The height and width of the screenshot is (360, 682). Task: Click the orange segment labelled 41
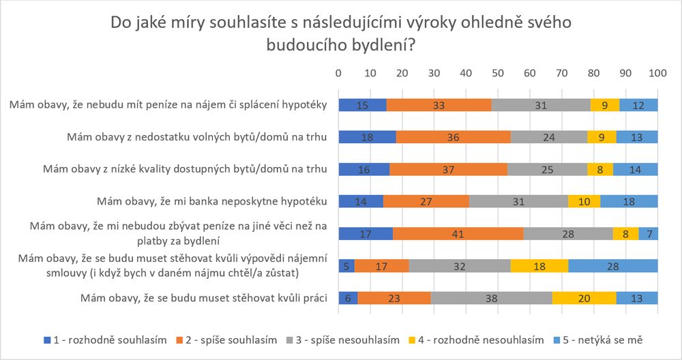(x=458, y=233)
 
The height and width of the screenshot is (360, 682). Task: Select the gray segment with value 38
(x=491, y=298)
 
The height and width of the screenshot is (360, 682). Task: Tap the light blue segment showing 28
(x=612, y=265)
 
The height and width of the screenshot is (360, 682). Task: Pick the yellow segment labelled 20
(x=585, y=298)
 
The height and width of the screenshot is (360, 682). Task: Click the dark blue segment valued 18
(x=367, y=137)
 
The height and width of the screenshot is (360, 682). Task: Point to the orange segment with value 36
(x=453, y=137)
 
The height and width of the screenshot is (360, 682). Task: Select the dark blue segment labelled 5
(x=346, y=265)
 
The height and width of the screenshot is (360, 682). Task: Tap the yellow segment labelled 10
(x=584, y=201)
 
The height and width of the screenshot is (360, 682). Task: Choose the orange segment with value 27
(x=426, y=201)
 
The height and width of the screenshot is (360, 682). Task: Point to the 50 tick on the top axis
(x=498, y=73)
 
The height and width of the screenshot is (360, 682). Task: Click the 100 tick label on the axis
(x=657, y=73)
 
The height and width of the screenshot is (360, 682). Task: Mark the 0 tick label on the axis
(x=338, y=73)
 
